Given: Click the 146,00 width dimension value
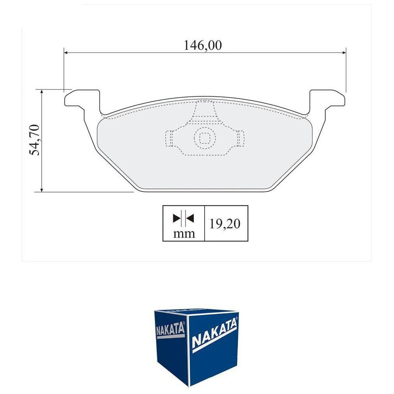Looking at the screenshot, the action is tap(203, 46).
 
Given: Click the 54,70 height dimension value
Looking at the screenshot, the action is tap(35, 140).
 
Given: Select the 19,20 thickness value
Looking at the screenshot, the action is tap(225, 223).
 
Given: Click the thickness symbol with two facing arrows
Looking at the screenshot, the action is tap(184, 218).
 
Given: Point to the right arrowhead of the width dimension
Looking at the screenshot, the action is tap(344, 53).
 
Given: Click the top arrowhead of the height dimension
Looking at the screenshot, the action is tap(42, 92).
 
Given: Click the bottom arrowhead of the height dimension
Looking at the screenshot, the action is tap(42, 189).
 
